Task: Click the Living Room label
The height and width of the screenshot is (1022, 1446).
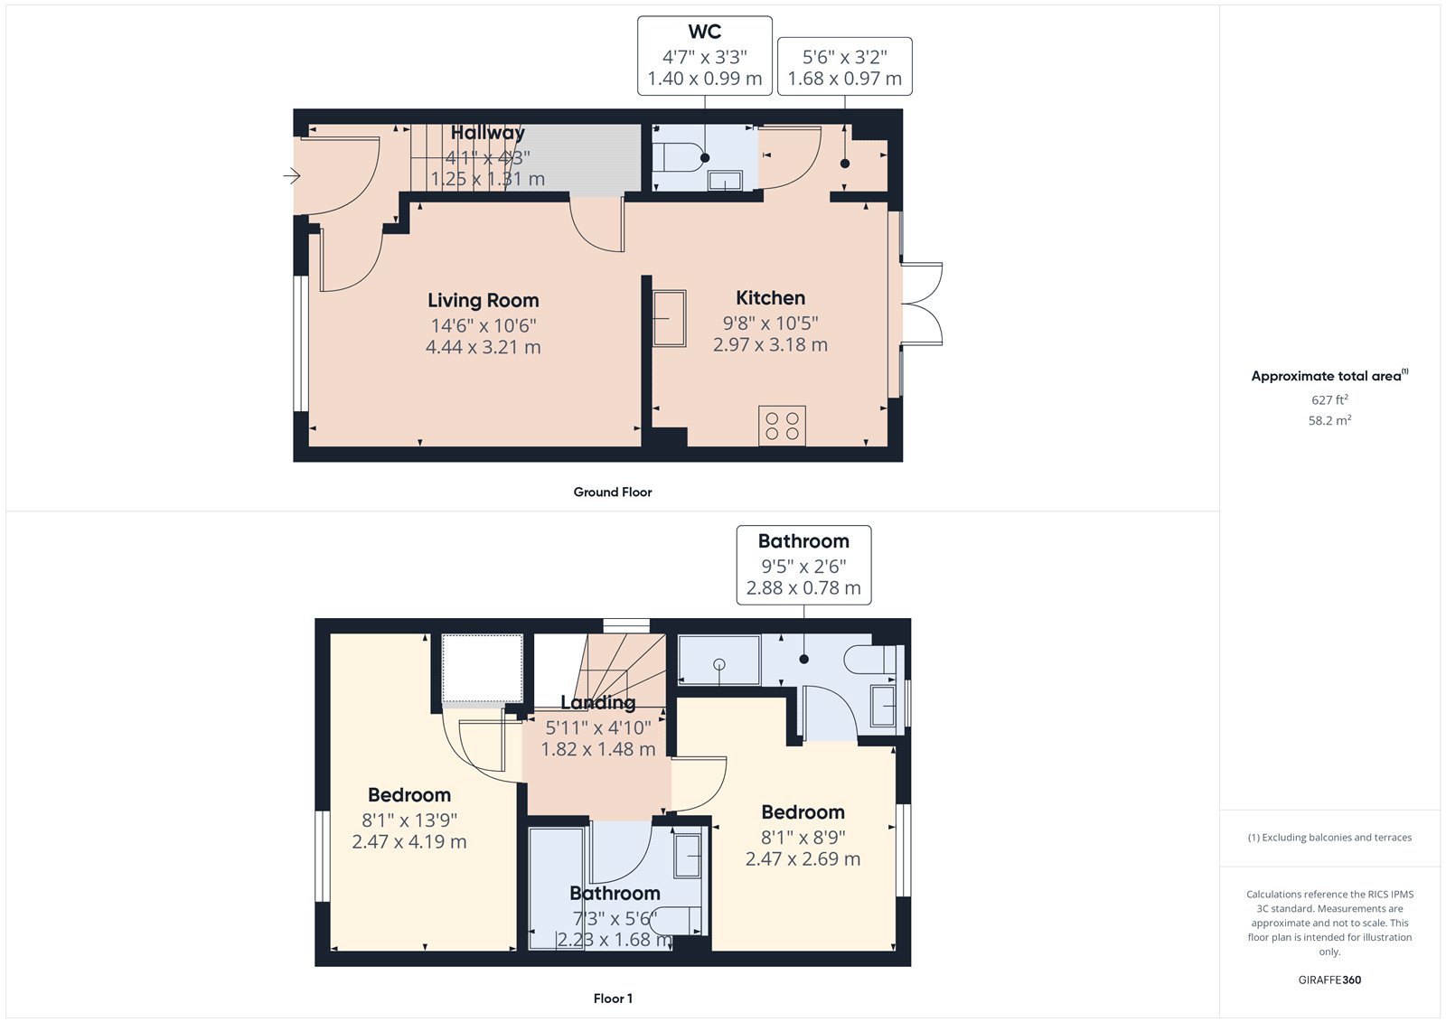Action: (x=483, y=301)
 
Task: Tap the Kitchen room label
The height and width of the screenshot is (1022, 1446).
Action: (x=770, y=298)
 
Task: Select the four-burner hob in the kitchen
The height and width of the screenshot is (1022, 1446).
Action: (x=782, y=426)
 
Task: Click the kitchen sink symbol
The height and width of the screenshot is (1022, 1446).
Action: (x=670, y=317)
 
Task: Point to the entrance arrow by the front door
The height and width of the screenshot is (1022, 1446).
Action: (x=292, y=175)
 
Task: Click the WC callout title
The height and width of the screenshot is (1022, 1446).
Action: (x=705, y=32)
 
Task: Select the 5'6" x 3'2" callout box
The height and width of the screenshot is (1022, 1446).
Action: (x=845, y=67)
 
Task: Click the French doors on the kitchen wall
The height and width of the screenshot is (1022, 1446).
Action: (x=922, y=304)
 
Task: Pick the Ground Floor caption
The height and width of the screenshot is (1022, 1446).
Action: (x=612, y=492)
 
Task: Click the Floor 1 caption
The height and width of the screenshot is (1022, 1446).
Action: (x=613, y=999)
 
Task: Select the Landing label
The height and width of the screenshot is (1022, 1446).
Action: (x=597, y=703)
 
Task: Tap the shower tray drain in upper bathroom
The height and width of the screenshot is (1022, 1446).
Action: (x=719, y=665)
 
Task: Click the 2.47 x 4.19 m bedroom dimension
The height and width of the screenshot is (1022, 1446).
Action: (x=409, y=842)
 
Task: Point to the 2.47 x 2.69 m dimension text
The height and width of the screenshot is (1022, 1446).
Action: (x=803, y=859)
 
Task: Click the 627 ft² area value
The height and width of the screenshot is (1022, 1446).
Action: (x=1329, y=399)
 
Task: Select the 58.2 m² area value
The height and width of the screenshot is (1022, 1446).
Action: (x=1329, y=420)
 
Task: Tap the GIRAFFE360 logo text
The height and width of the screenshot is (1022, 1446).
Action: (x=1329, y=980)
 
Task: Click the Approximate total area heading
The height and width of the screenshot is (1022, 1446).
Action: (x=1326, y=376)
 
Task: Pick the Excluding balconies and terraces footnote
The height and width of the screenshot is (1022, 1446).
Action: (x=1329, y=838)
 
